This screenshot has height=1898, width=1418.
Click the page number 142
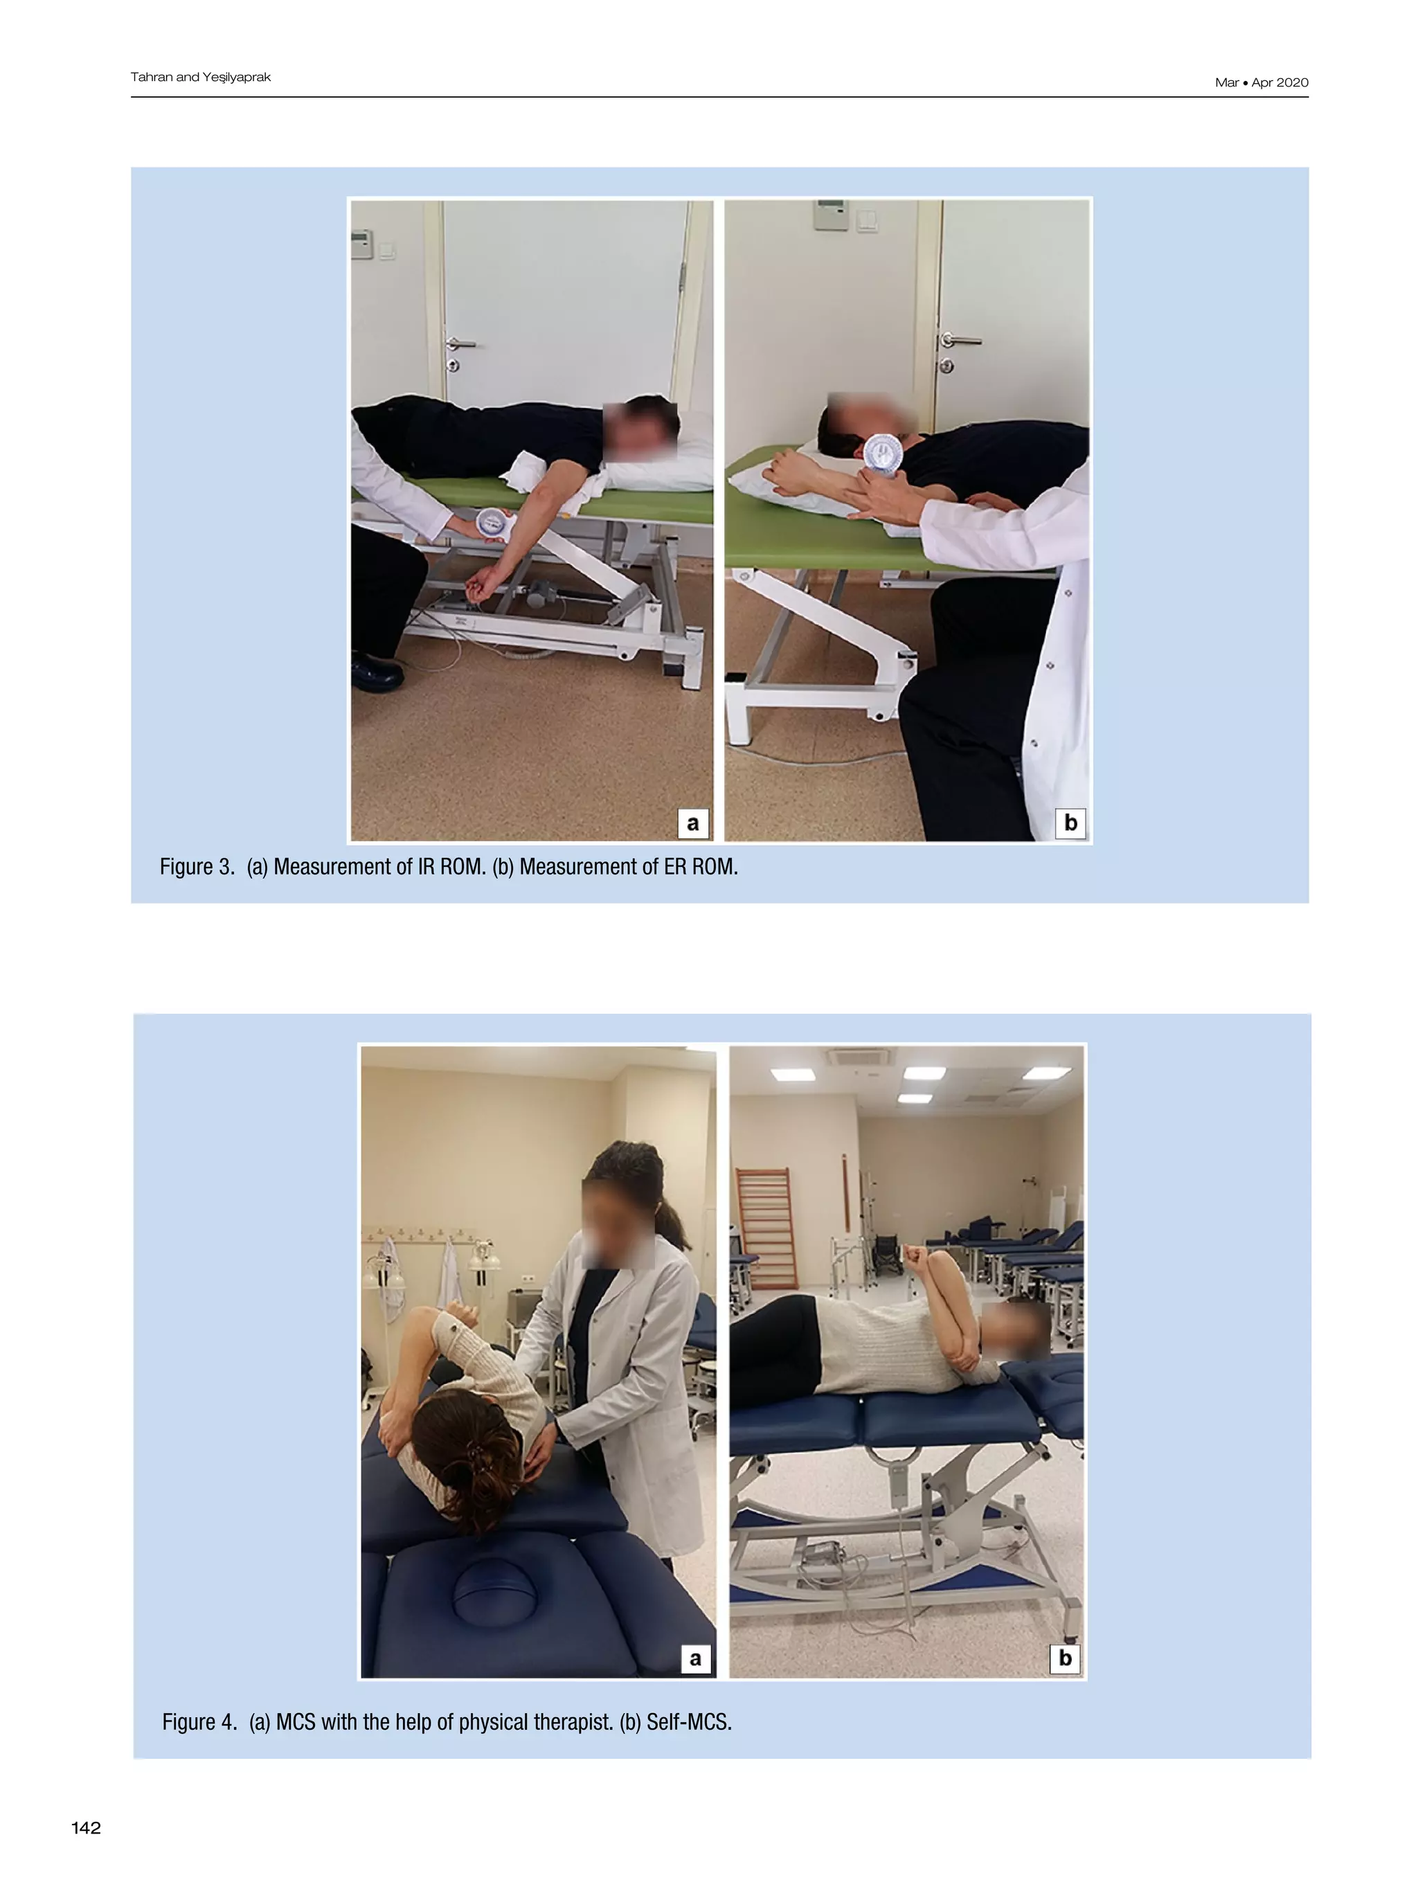coord(86,1827)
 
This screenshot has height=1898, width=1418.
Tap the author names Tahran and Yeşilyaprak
coord(200,78)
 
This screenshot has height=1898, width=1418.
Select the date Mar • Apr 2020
coord(1261,82)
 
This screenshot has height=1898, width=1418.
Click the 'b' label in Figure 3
coord(1070,823)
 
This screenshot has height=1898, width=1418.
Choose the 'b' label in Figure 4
coord(1065,1658)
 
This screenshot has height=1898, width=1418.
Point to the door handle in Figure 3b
coord(958,340)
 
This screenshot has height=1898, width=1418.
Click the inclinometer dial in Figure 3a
coord(492,523)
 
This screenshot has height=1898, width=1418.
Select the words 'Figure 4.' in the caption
coord(199,1722)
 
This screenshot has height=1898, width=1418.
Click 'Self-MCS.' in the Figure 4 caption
coord(689,1722)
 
